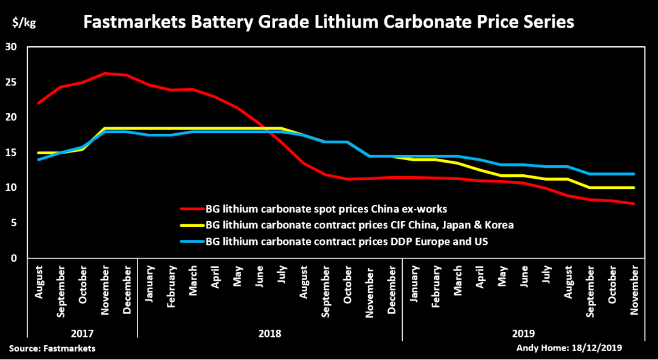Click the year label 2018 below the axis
[x=270, y=334]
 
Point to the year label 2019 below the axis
[x=523, y=334]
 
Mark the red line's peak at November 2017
[x=105, y=73]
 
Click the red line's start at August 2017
[x=39, y=103]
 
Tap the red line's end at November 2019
[x=634, y=204]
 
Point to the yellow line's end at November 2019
[x=634, y=188]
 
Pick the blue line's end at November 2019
[x=634, y=174]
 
